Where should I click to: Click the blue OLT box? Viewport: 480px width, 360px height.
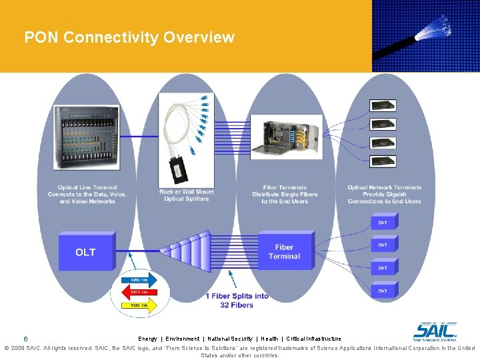click(x=86, y=252)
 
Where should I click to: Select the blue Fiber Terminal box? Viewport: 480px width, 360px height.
click(x=284, y=251)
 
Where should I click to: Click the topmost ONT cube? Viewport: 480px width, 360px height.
click(x=383, y=222)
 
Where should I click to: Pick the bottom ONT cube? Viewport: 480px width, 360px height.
click(x=383, y=291)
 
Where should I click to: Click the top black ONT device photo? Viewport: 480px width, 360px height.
click(x=383, y=105)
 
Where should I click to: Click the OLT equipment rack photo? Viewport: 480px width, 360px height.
click(x=87, y=137)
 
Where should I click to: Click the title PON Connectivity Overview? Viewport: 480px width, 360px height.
click(x=129, y=37)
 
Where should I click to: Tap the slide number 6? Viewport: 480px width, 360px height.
click(x=25, y=338)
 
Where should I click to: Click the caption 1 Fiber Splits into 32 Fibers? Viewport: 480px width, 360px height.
click(x=238, y=300)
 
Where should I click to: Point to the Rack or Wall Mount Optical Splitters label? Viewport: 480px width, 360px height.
click(x=187, y=195)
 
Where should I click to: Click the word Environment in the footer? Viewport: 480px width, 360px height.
click(x=182, y=339)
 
